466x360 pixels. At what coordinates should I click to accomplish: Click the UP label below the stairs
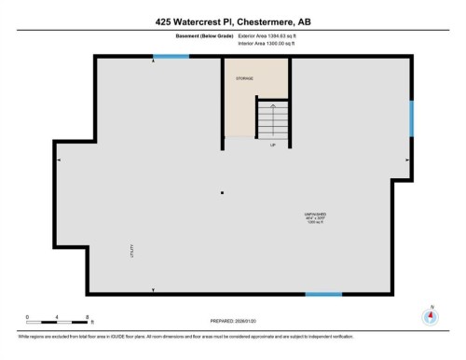pos(273,145)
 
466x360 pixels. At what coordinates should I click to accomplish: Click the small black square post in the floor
pos(222,193)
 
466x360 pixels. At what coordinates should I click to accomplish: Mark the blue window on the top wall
pos(170,58)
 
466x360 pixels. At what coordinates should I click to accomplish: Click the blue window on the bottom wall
pos(323,294)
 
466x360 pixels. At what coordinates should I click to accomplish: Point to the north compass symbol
pos(431,318)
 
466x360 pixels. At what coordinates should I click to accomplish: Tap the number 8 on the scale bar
pos(87,318)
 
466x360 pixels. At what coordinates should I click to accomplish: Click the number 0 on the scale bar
pos(28,318)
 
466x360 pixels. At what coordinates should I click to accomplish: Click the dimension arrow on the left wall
pos(61,160)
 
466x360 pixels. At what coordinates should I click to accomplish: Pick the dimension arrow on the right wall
pos(406,160)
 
